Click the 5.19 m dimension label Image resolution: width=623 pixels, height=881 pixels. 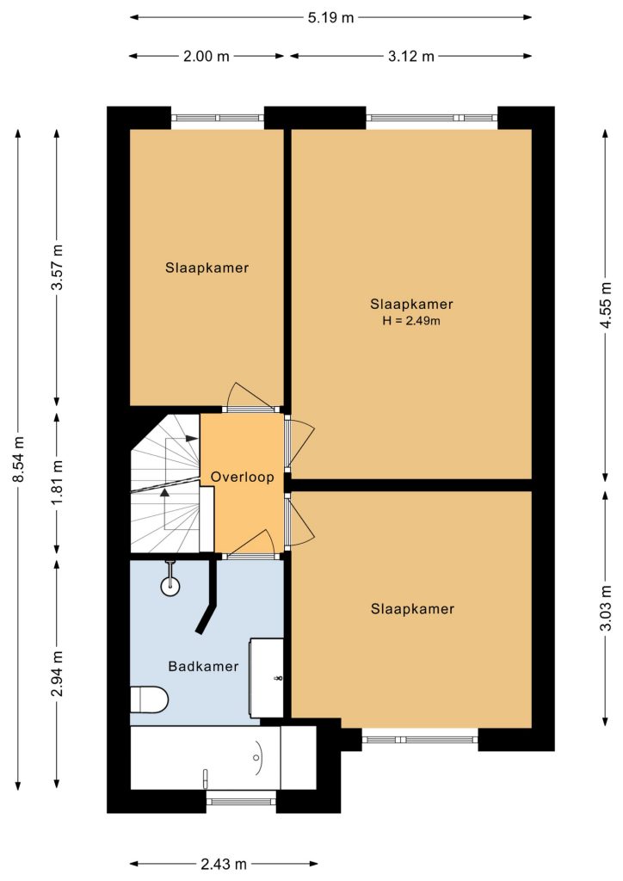(x=331, y=17)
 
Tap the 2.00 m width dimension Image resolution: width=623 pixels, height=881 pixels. (x=207, y=56)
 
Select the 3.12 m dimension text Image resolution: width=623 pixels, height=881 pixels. (x=411, y=56)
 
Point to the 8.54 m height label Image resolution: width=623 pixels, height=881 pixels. (x=19, y=459)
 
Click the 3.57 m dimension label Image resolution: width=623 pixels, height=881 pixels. (x=58, y=267)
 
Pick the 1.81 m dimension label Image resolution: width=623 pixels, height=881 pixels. (x=58, y=482)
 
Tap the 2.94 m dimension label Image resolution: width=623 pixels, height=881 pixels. (x=58, y=673)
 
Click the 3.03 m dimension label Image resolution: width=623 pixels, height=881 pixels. (x=605, y=607)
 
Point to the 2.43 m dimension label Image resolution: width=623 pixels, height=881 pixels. (x=224, y=864)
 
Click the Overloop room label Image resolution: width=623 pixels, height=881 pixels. (x=242, y=477)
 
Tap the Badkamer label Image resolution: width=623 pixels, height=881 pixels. (x=203, y=667)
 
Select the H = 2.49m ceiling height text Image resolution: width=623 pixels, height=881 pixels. (x=411, y=322)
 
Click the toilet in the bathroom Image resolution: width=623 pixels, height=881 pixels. (x=150, y=699)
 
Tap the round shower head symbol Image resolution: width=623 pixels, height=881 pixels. (x=170, y=587)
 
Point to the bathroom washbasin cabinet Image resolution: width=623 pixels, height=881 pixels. (x=266, y=678)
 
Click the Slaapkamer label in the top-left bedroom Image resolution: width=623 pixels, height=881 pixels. (x=207, y=268)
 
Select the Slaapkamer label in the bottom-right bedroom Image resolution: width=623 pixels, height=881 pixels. (x=412, y=609)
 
